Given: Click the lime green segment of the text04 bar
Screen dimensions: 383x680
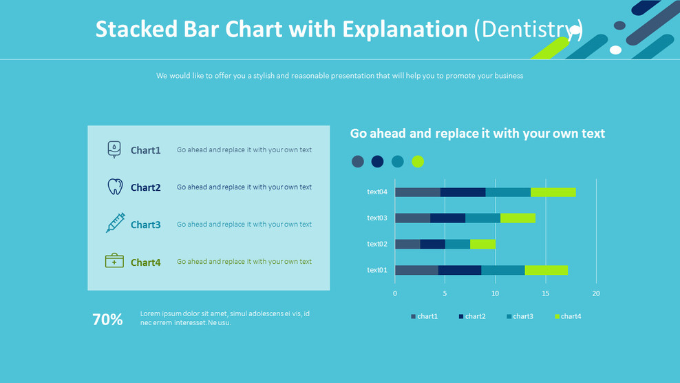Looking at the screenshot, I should (553, 192).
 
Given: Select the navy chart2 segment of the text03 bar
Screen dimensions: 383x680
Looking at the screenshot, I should (447, 218).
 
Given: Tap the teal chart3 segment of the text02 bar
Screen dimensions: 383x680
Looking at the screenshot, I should (457, 244).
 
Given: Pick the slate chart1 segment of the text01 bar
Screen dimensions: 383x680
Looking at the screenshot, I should (416, 270).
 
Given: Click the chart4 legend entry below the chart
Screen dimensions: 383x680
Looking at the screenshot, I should (568, 316).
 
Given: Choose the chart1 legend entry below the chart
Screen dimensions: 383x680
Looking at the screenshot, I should (424, 316).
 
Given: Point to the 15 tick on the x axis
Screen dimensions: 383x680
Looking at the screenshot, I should (546, 293).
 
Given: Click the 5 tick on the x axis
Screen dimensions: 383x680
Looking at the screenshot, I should (445, 293).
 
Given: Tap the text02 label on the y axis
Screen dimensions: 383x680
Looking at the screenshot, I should (377, 244).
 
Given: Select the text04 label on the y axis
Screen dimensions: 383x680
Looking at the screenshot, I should (377, 192).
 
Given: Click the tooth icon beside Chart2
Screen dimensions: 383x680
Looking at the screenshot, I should (115, 187).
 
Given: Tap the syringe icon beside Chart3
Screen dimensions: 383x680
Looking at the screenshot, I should (115, 223).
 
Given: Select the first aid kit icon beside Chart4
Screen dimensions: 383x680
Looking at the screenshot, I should (114, 261).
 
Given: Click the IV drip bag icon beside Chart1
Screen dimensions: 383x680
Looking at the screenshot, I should (114, 149).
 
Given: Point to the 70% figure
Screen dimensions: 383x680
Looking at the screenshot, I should (107, 320).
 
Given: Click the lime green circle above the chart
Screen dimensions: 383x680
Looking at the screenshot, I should (418, 162).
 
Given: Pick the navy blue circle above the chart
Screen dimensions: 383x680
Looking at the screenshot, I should (377, 162).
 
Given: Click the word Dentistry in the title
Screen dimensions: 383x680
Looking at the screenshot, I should (528, 29).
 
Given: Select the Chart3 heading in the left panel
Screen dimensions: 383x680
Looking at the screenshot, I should (145, 225).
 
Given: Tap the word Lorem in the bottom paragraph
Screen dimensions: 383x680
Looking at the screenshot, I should (150, 313).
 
